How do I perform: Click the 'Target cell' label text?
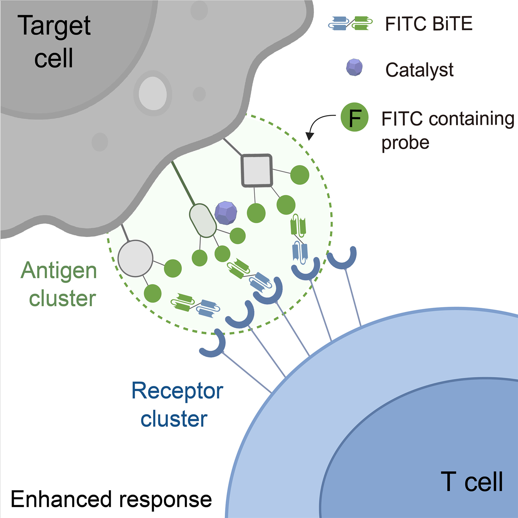point(55,41)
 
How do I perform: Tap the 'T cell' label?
point(472,482)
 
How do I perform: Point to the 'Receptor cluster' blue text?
point(177,405)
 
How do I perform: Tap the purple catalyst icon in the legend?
point(354,67)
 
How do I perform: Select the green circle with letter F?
point(354,117)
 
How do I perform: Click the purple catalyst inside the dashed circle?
point(226,213)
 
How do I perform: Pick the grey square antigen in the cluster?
point(257,170)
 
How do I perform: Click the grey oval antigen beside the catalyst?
point(203,220)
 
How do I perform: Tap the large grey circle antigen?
point(135,258)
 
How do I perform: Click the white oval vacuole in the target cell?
point(153,93)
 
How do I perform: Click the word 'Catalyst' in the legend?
point(419,70)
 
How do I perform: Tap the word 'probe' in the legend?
point(405,143)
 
